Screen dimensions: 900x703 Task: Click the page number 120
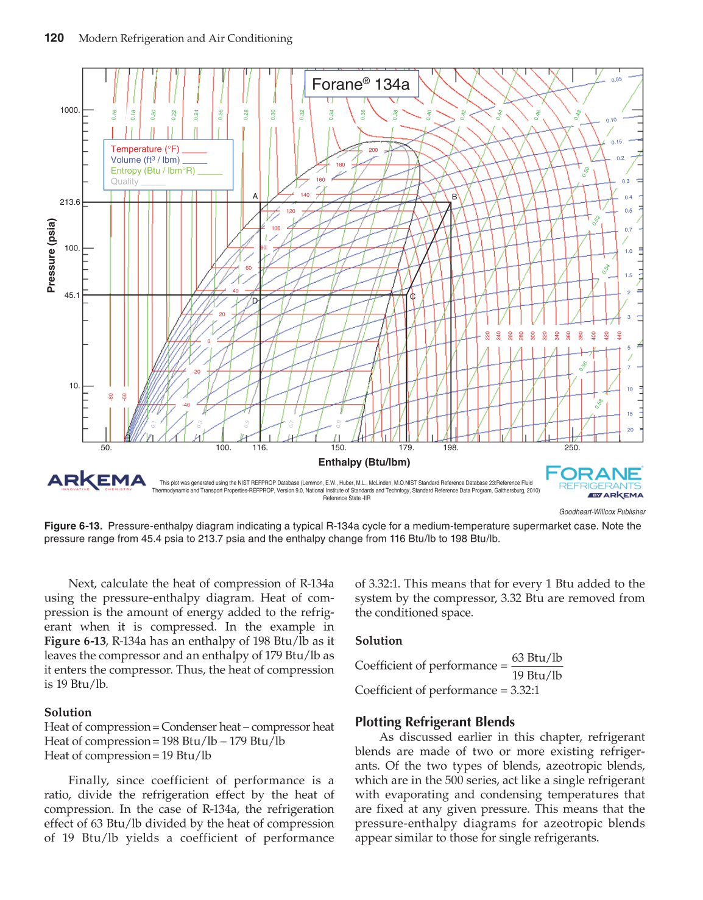pyautogui.click(x=54, y=38)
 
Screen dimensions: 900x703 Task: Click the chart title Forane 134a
pyautogui.click(x=361, y=84)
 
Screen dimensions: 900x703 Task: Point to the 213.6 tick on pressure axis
pyautogui.click(x=70, y=202)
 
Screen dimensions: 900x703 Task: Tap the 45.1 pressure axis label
pyautogui.click(x=72, y=296)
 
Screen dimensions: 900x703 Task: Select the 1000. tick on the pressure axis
pyautogui.click(x=70, y=110)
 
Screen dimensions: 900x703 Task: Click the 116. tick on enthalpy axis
pyautogui.click(x=260, y=448)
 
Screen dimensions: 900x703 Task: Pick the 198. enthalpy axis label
pyautogui.click(x=451, y=448)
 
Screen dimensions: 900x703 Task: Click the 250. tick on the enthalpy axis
pyautogui.click(x=572, y=448)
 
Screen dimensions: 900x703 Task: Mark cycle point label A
pyautogui.click(x=255, y=196)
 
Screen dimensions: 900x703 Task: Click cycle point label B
pyautogui.click(x=454, y=197)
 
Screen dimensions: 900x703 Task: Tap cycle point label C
pyautogui.click(x=412, y=297)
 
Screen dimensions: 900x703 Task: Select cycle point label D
pyautogui.click(x=255, y=301)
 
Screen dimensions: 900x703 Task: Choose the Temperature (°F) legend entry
pyautogui.click(x=145, y=149)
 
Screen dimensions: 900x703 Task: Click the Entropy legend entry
pyautogui.click(x=153, y=171)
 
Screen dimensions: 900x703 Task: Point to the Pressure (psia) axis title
pyautogui.click(x=52, y=255)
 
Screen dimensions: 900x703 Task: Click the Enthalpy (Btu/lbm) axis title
pyautogui.click(x=364, y=462)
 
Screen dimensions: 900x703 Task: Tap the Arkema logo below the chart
pyautogui.click(x=97, y=481)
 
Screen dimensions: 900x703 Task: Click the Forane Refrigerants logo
pyautogui.click(x=594, y=481)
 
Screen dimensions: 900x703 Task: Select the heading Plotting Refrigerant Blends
pyautogui.click(x=435, y=722)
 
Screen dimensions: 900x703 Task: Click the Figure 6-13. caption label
pyautogui.click(x=73, y=526)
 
